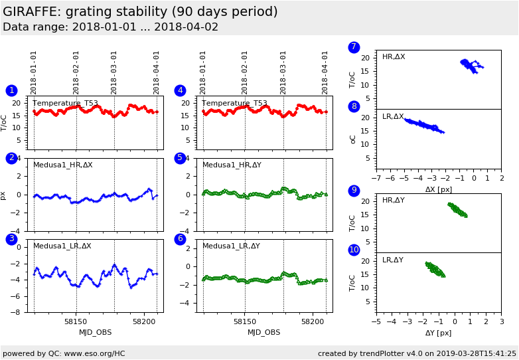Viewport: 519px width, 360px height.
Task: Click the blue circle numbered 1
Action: point(11,90)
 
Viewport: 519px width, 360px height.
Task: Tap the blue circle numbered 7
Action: point(354,47)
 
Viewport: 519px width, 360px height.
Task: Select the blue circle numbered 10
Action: point(354,250)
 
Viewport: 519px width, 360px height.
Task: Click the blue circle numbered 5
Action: point(180,158)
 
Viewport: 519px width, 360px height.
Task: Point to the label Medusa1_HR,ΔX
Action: point(63,165)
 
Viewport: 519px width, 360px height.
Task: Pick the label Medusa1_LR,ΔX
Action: point(62,246)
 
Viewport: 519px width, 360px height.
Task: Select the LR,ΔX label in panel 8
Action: point(393,117)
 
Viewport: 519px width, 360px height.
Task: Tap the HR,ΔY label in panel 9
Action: point(393,200)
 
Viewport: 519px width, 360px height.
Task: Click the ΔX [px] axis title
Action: point(439,189)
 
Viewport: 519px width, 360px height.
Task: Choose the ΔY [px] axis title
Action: point(439,333)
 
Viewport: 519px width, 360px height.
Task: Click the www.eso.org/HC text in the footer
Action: point(92,353)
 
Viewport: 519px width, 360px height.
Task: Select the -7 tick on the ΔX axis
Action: point(376,179)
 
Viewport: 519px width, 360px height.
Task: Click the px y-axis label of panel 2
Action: point(3,195)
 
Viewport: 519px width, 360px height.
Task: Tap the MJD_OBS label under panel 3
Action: point(96,332)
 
